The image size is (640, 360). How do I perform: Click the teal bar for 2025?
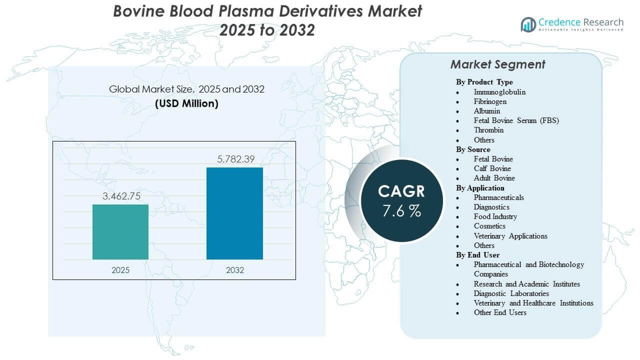pos(120,232)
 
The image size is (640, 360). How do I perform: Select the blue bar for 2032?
pos(234,213)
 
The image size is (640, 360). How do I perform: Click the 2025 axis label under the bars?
pos(120,270)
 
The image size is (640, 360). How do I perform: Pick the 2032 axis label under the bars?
pos(234,270)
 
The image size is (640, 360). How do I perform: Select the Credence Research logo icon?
pos(528,24)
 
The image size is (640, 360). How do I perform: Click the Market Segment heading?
pos(497,64)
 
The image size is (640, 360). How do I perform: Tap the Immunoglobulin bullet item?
pos(499,92)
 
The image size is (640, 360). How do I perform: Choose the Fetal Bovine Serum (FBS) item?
pos(516,120)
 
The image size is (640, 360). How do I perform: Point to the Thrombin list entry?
pos(488,130)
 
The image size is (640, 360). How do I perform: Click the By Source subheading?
pos(473,149)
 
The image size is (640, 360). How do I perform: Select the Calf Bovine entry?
pos(492,168)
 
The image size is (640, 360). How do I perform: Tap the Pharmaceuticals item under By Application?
pos(499,197)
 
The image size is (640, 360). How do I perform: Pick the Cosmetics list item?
pos(489,226)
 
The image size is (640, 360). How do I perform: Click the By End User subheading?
pos(477,255)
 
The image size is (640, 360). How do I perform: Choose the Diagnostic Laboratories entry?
pos(511,293)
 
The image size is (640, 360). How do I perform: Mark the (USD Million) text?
pos(186,103)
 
